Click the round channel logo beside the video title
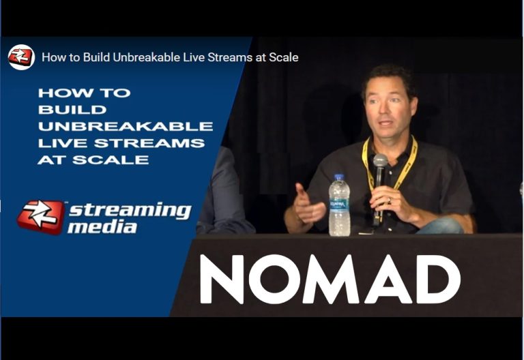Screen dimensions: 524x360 [21, 57]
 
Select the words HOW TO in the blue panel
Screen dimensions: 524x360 [84, 93]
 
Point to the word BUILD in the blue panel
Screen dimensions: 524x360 [72, 110]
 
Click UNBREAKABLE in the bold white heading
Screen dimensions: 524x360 [126, 126]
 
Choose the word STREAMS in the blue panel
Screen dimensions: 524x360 [149, 143]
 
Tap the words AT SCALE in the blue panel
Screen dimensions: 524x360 [93, 160]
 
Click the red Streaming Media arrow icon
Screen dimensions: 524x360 [40, 217]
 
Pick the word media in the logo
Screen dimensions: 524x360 [102, 228]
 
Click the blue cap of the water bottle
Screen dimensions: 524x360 [339, 177]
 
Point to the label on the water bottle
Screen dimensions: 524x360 [339, 206]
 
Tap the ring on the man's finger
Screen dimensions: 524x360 [389, 200]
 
